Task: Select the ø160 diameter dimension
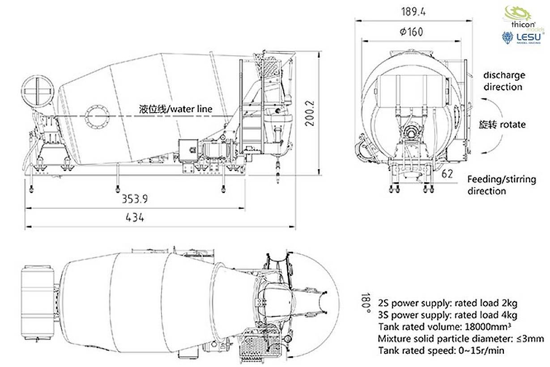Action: pos(409,32)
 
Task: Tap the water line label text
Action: pos(175,109)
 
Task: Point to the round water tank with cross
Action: pos(38,92)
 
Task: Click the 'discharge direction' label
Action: pos(504,81)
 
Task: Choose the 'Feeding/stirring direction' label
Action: pos(501,185)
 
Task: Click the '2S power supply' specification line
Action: pos(448,303)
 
